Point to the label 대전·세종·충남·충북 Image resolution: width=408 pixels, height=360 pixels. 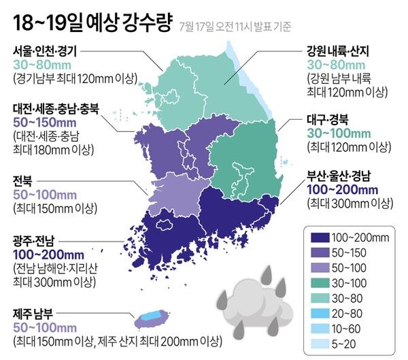tap(56, 108)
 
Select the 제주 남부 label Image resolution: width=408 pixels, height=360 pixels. tap(36, 313)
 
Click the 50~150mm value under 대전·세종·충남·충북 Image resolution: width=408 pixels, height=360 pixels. tap(44, 122)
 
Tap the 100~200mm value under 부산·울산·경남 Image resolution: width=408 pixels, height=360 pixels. tap(343, 189)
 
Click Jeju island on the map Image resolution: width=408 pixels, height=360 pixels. tap(150, 317)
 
